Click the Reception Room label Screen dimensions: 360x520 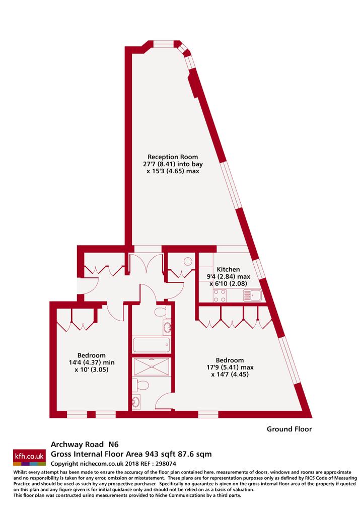173,157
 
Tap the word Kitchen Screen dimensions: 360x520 228,269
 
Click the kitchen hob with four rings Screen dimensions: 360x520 220,295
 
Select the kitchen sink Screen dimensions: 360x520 252,295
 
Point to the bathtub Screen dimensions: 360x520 151,345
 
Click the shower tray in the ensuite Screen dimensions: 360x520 152,367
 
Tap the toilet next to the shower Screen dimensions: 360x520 140,385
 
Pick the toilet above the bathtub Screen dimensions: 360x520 162,312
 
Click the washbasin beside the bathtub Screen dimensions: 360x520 167,328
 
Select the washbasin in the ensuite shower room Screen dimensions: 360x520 136,402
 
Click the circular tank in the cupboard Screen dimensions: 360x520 188,261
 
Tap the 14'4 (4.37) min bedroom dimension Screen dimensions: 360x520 92,362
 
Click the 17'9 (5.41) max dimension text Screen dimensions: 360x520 230,367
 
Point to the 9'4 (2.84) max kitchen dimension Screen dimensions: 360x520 229,276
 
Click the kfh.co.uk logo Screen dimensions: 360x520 30,458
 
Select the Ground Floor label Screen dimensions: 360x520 290,429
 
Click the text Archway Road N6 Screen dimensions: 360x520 85,444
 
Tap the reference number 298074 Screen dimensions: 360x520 166,464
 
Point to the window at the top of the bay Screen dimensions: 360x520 164,43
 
